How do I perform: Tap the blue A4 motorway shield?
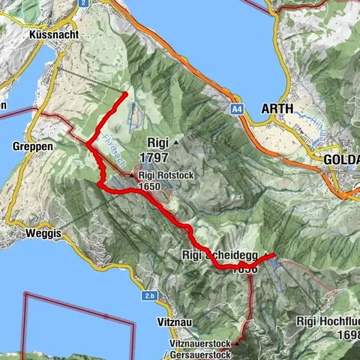pos(237,110)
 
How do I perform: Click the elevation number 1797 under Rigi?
pos(153,157)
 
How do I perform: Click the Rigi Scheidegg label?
pos(220,256)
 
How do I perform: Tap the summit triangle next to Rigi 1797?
pos(176,141)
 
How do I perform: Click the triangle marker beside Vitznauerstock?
pos(236,343)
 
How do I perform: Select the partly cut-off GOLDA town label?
pos(341,160)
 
